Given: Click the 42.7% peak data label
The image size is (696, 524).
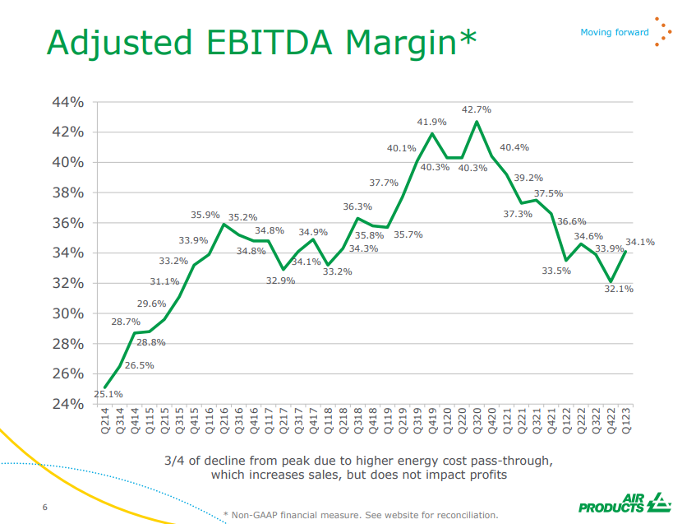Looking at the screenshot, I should click(477, 109).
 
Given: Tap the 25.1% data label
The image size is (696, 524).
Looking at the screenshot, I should click(108, 394).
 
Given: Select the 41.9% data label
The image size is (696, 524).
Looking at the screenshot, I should click(432, 122).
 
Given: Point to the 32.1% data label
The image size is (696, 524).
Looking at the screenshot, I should click(618, 290).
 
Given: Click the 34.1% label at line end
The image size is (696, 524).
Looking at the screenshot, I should click(640, 242).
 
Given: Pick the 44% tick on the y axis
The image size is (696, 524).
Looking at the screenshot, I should click(69, 102).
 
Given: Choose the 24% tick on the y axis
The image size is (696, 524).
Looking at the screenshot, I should click(69, 404).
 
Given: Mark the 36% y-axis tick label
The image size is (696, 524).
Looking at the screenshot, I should click(69, 223).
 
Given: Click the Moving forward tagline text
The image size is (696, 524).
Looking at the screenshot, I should click(615, 33).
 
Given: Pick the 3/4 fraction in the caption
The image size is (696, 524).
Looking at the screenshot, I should click(175, 459).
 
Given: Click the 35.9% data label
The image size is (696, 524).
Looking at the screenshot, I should click(205, 215).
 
